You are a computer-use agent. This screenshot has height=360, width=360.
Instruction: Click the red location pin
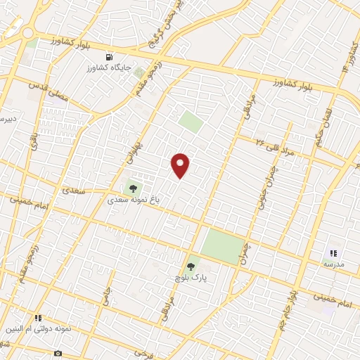tap(181, 165)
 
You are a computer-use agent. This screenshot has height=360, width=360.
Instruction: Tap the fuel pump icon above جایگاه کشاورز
tap(108, 57)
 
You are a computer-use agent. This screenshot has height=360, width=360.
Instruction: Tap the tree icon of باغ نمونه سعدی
tap(132, 188)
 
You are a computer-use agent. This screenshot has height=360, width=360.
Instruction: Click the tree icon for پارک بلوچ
tap(190, 267)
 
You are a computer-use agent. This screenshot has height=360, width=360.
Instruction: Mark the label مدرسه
tap(333, 263)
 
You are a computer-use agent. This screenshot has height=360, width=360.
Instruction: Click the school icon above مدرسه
tap(333, 252)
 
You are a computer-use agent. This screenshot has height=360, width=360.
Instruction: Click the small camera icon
tap(58, 353)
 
